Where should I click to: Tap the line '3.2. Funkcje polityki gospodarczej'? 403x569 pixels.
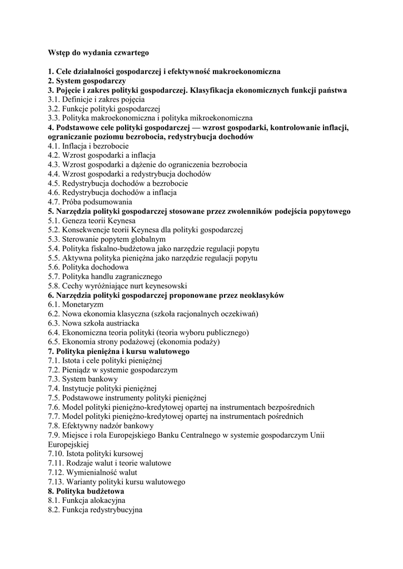(x=104, y=108)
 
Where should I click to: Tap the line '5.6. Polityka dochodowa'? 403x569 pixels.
(x=88, y=267)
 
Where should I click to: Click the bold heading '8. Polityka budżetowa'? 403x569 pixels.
(x=86, y=491)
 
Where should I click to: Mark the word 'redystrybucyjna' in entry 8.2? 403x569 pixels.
(x=117, y=510)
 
